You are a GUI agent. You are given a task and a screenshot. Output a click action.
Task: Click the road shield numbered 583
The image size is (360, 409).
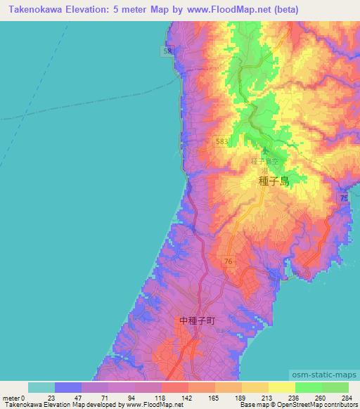(x=222, y=141)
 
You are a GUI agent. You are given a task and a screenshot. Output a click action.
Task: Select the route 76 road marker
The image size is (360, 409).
(x=228, y=261)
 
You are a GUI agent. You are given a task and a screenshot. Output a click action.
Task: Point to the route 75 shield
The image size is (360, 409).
(x=344, y=200)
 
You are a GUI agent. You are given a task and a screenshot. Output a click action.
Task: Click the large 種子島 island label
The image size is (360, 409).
(x=274, y=181)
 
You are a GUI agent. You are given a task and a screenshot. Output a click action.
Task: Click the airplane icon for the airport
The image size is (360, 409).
(x=265, y=150)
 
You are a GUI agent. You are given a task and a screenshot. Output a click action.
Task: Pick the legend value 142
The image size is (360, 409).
(x=187, y=398)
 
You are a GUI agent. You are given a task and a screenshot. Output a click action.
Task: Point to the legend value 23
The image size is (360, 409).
(x=56, y=398)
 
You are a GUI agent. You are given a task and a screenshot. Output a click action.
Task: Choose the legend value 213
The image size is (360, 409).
(x=267, y=398)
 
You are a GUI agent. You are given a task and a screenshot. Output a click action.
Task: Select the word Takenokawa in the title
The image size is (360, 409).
(x=35, y=10)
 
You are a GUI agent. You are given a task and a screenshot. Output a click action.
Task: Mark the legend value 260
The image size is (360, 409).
(x=321, y=398)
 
